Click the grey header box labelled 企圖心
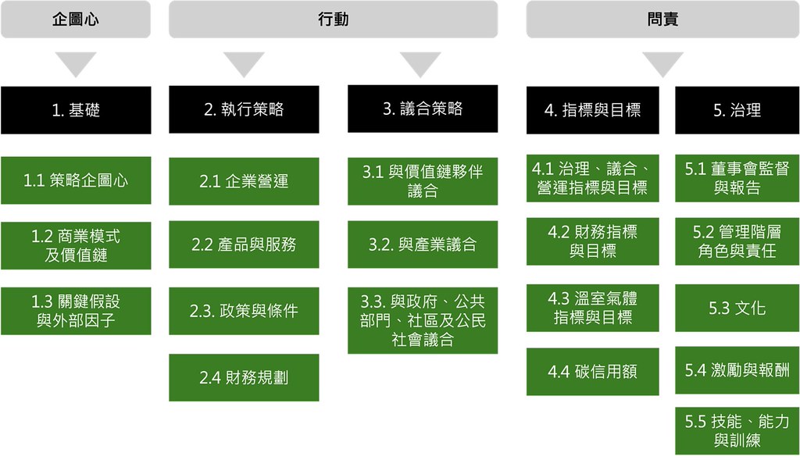click(76, 20)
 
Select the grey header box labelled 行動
click(333, 20)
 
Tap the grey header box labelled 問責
click(662, 20)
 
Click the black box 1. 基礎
click(76, 110)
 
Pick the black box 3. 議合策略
click(423, 109)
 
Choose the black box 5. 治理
click(737, 110)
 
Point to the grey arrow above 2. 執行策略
click(244, 64)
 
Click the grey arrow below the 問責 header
click(662, 64)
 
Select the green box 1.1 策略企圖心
click(76, 180)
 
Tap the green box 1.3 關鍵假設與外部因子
click(76, 311)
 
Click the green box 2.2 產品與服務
click(244, 244)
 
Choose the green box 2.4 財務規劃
click(244, 377)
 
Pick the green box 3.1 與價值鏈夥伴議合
click(423, 181)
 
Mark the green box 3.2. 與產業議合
click(423, 244)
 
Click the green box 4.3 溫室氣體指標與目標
click(592, 308)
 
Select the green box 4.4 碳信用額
click(592, 372)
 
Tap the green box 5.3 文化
click(737, 308)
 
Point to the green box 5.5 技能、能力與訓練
click(737, 431)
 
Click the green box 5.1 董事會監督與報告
click(737, 178)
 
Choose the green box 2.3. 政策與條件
click(244, 311)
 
